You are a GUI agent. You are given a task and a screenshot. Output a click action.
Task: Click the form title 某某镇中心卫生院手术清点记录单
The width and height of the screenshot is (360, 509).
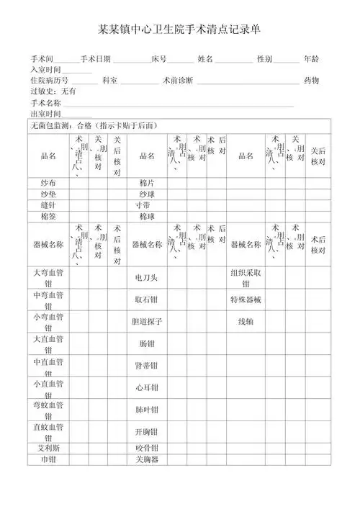pos(179,30)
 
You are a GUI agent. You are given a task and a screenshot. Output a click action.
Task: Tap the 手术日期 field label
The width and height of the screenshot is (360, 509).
pos(96,58)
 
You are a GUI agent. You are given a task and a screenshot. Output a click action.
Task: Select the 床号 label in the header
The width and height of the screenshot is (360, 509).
pos(159,58)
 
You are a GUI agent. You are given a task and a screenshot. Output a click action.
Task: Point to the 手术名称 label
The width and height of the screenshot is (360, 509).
pos(45,103)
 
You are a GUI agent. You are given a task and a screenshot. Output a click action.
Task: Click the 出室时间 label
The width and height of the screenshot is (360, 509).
pos(45,114)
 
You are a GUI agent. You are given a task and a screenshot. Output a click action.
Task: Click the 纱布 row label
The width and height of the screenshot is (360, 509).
pos(48,183)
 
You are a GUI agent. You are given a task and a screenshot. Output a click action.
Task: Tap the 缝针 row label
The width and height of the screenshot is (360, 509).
pos(48,205)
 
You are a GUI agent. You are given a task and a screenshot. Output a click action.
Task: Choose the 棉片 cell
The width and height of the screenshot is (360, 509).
pos(147,183)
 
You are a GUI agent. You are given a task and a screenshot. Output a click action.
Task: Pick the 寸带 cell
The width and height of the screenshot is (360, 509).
pos(146,205)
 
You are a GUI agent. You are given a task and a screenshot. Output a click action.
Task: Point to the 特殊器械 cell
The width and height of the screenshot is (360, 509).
pos(246,299)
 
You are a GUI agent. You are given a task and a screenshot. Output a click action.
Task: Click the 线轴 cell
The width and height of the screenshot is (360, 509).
pos(246,322)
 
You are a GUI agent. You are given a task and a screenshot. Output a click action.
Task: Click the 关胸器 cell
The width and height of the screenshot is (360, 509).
pos(146,459)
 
